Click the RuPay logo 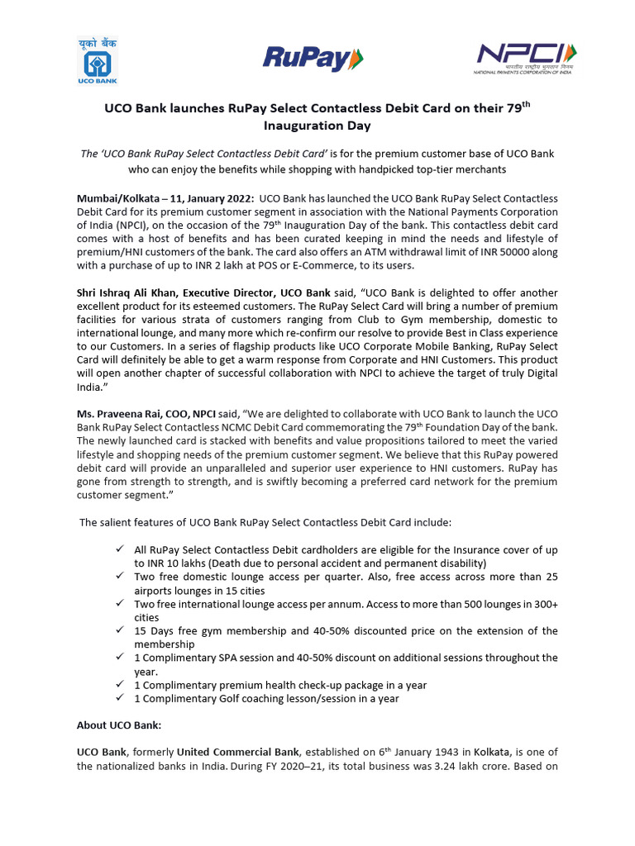313,58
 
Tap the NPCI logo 526,57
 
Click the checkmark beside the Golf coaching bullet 121,698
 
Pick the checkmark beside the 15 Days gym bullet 121,631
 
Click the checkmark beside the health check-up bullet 121,685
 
